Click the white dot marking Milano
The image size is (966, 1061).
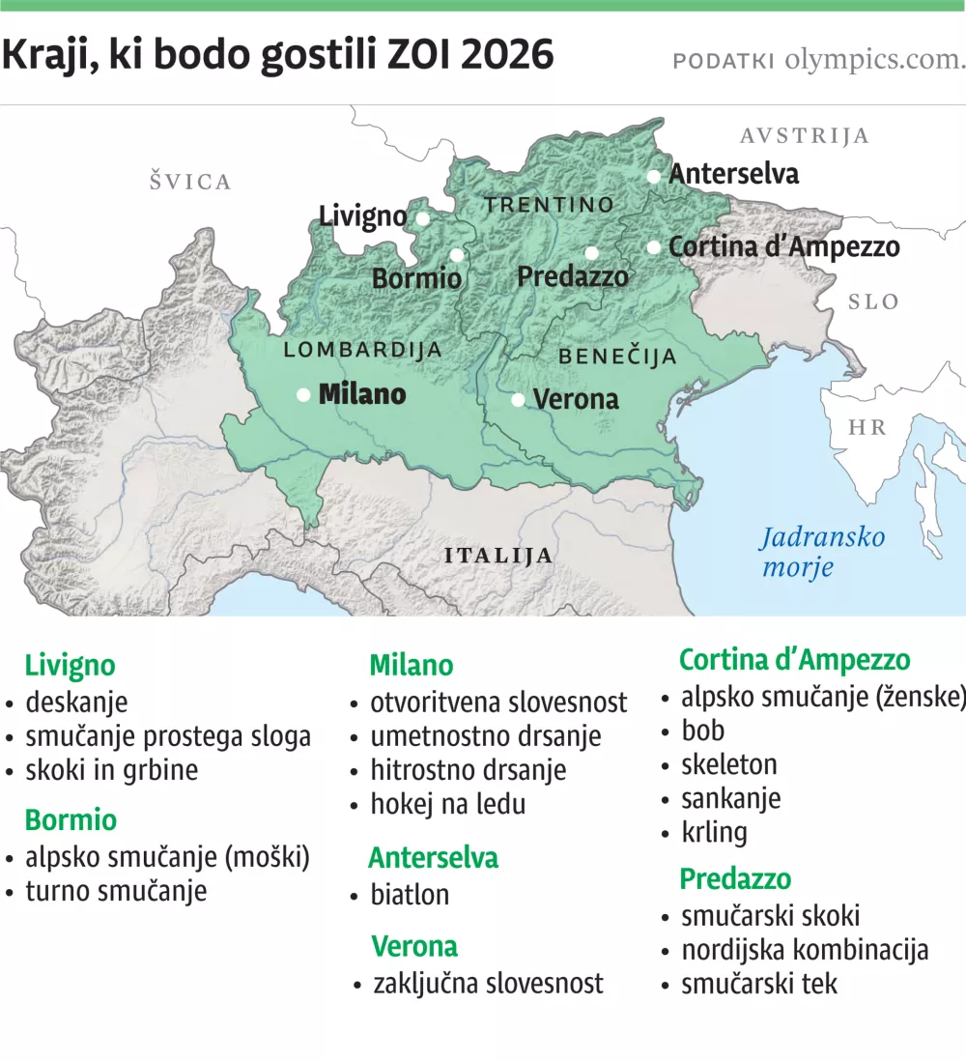point(303,394)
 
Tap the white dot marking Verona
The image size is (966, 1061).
point(519,399)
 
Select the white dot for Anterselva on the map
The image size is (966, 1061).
point(654,176)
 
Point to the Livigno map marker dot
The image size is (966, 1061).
point(422,218)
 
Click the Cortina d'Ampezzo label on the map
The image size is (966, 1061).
point(783,247)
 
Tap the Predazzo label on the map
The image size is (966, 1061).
point(572,277)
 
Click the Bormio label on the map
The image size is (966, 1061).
point(416,279)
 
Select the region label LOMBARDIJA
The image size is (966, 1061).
point(362,350)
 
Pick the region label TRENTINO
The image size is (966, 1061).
point(549,205)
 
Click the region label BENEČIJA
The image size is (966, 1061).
point(618,357)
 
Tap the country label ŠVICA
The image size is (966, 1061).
point(190,182)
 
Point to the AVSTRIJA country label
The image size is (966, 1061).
point(804,135)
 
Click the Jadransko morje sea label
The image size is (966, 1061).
point(821,551)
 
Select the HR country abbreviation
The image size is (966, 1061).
point(866,427)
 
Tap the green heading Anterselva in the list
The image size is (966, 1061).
point(433,857)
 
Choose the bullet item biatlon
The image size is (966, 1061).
point(410,895)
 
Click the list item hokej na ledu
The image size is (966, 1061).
point(447,803)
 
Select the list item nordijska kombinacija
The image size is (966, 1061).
point(804,949)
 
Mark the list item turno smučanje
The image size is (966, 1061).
point(116,890)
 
